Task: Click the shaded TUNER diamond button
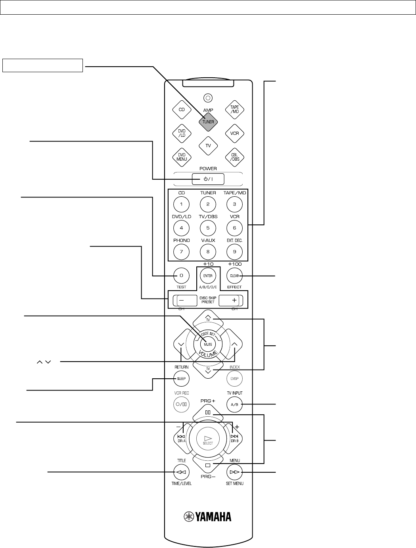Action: point(208,122)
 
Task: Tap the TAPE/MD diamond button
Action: point(234,109)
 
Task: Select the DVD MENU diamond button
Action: point(182,157)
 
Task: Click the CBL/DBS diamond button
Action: point(234,157)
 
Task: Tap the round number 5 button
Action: point(208,228)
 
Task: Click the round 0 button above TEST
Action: point(182,275)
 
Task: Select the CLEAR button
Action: point(234,275)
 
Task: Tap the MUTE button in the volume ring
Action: point(208,344)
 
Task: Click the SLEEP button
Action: point(182,378)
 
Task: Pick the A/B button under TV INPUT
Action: point(234,404)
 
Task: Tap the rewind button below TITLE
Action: point(182,472)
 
